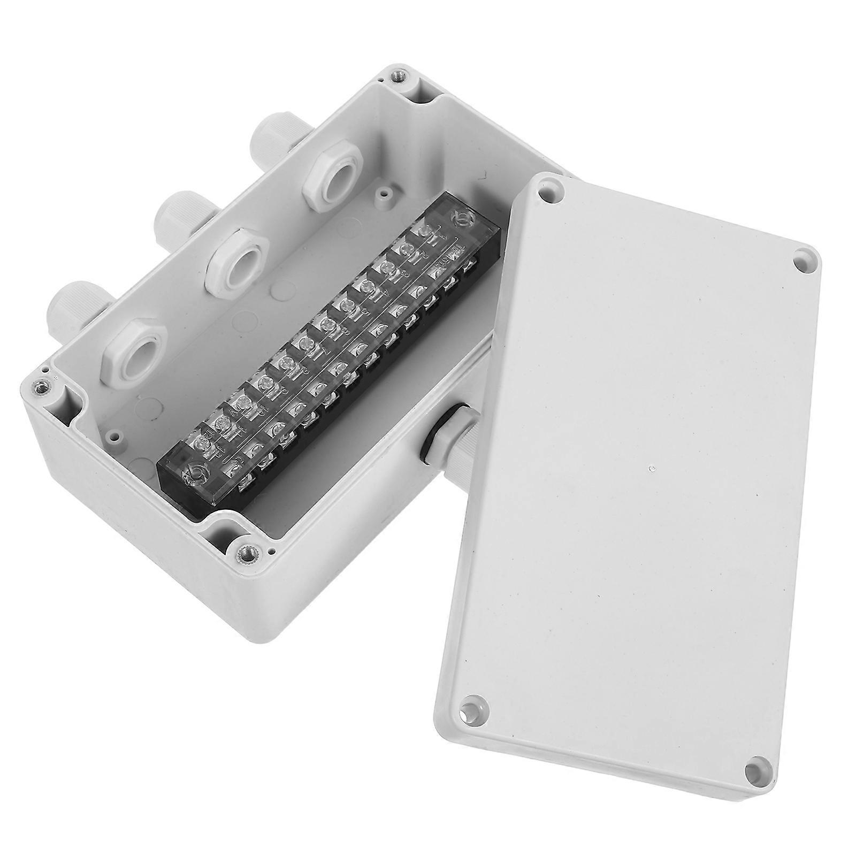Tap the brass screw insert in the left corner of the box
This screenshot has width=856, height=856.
39,385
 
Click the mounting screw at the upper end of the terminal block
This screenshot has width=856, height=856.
459,218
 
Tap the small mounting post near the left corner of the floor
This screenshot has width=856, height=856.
114,436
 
